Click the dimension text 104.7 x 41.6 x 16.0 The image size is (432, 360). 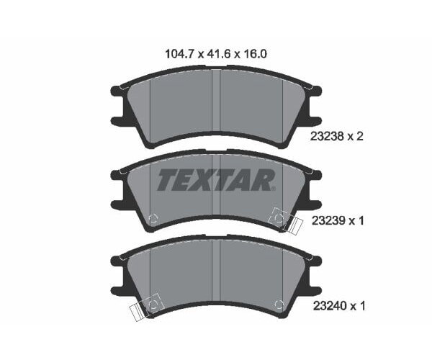[216, 52]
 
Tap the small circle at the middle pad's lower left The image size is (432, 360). [153, 220]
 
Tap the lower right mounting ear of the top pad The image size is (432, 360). [315, 121]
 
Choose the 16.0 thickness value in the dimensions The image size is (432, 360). [257, 52]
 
